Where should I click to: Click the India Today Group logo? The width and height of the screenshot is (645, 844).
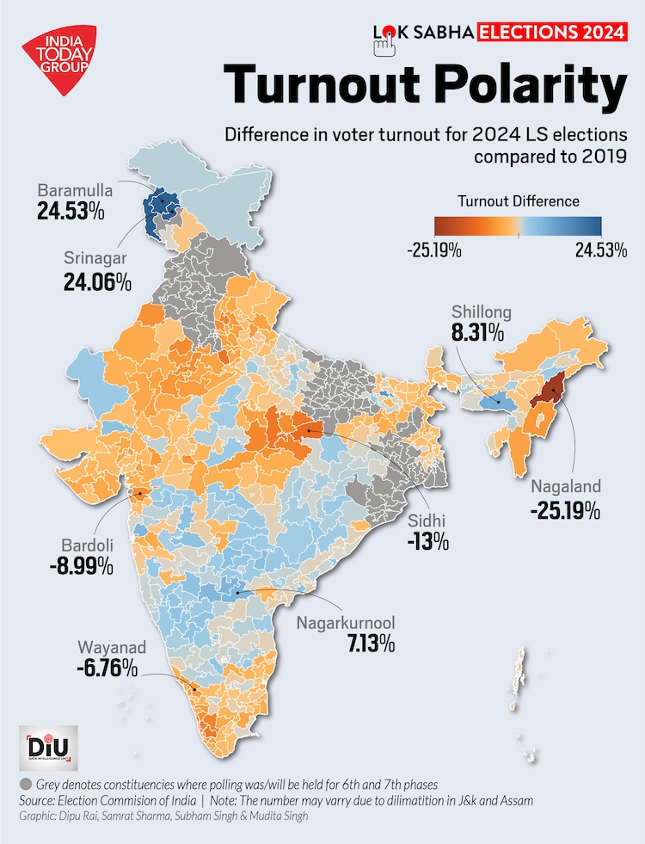(58, 59)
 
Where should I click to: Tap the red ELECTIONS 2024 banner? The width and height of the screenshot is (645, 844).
(550, 33)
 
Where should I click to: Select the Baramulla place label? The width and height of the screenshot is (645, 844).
(72, 190)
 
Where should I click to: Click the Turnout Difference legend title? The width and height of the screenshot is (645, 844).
(518, 201)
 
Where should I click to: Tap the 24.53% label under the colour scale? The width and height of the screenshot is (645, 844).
(600, 250)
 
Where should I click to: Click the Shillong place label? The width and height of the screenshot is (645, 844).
(482, 312)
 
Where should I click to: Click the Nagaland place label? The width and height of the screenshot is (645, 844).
(565, 487)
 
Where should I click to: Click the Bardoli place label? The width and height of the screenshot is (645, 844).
(84, 545)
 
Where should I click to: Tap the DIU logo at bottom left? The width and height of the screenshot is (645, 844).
(47, 749)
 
